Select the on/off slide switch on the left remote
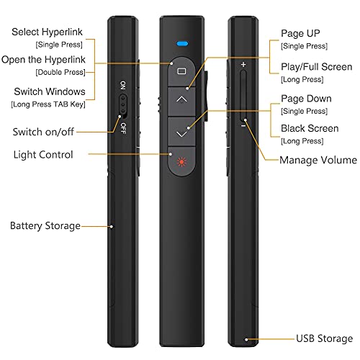[x=122, y=108]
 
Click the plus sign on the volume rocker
[x=243, y=65]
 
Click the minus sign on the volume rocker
[x=243, y=125]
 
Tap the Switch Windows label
[x=49, y=91]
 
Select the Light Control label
[x=42, y=155]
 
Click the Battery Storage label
[x=45, y=225]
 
